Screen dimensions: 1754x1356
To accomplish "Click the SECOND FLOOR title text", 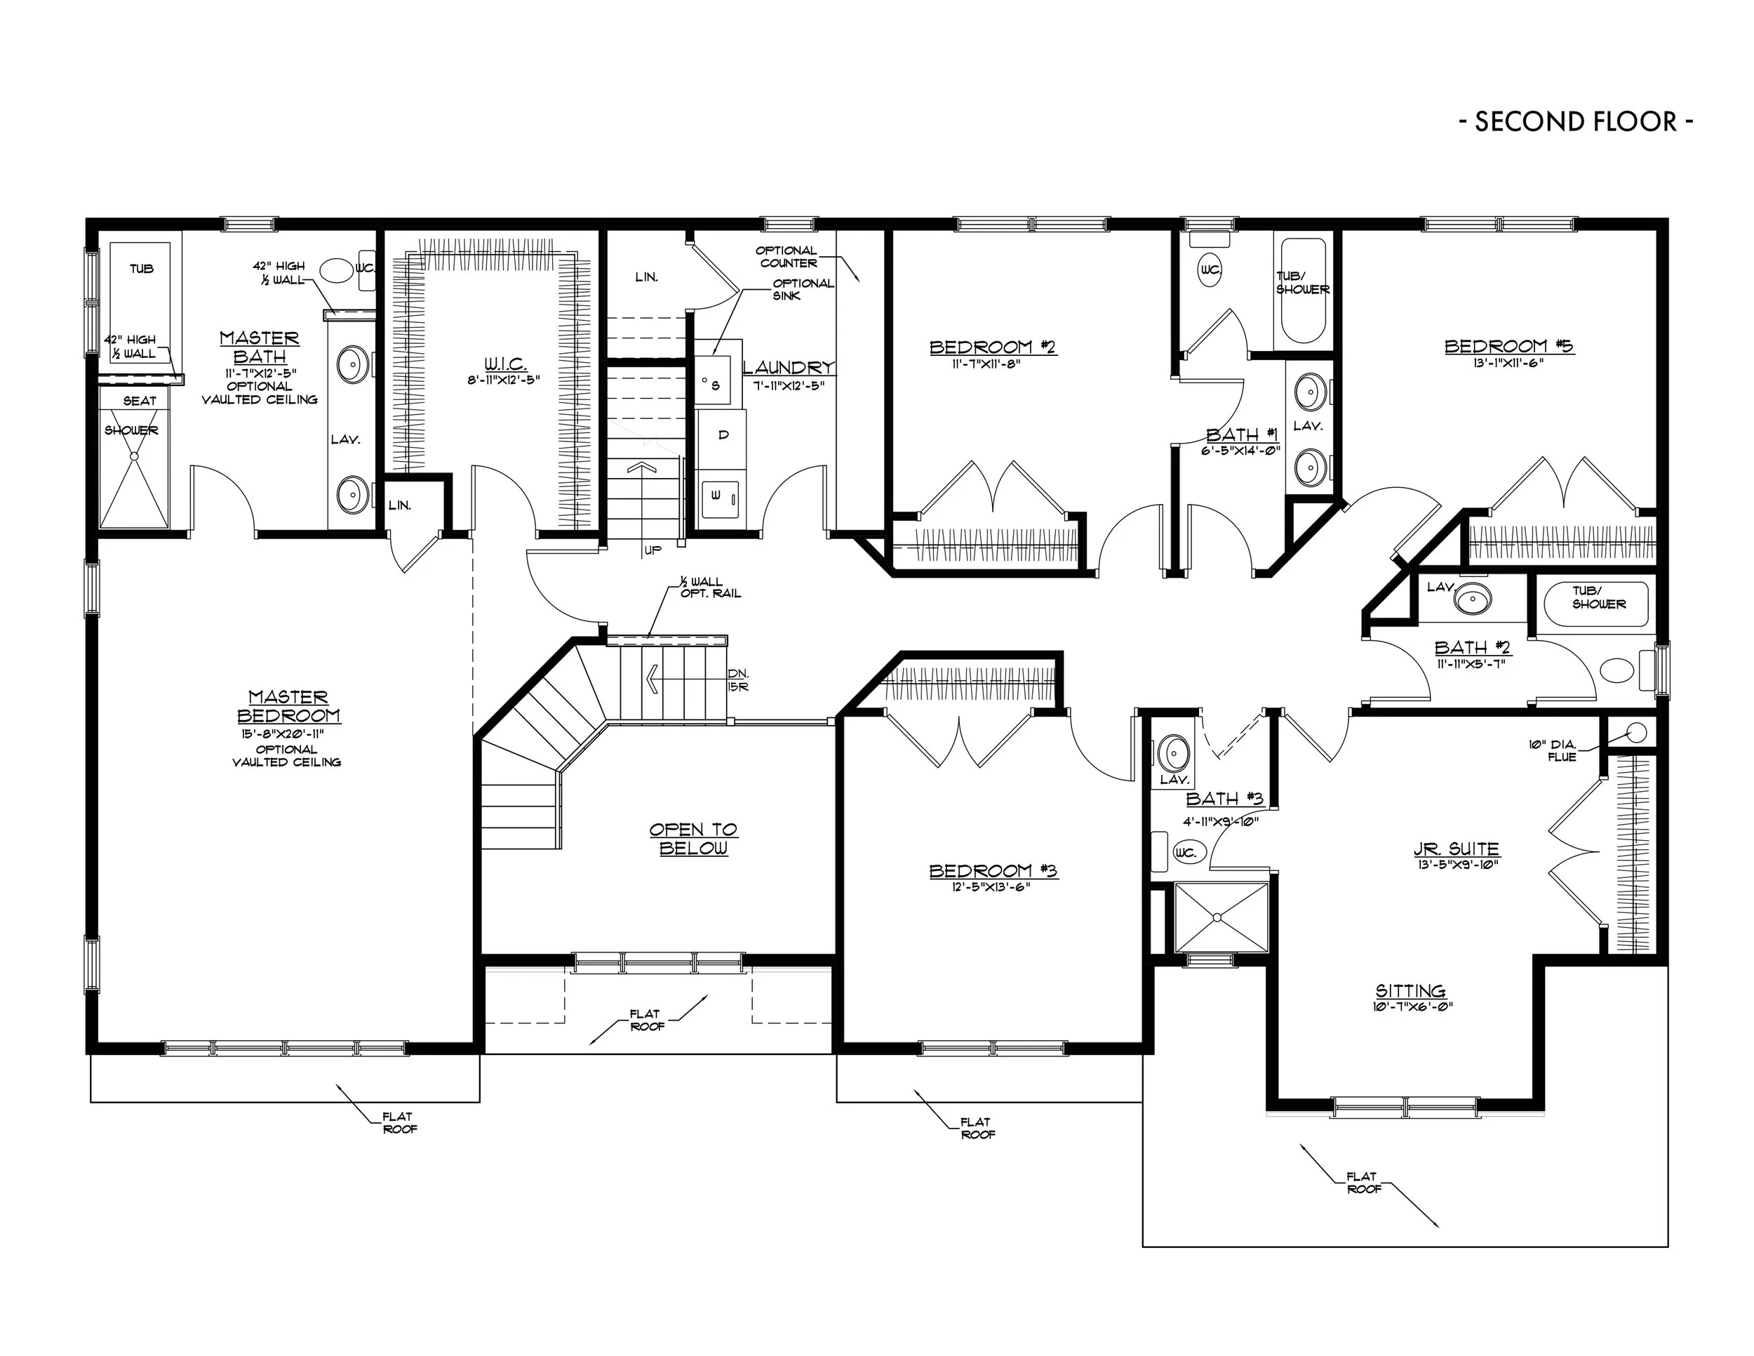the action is point(1576,121).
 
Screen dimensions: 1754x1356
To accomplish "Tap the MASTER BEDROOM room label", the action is point(288,706).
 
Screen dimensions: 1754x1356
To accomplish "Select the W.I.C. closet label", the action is point(506,365).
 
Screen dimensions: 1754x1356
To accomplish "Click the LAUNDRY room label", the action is point(789,368).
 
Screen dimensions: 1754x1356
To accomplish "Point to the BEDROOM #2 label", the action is point(993,347).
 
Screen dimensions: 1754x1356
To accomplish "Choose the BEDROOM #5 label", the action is point(1508,346).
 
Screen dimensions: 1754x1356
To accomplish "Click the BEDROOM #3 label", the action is point(993,871).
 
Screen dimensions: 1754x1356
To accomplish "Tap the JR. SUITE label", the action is point(1456,849).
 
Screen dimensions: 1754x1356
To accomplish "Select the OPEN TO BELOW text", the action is point(694,839).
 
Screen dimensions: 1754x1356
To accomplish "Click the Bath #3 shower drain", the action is point(1217,917).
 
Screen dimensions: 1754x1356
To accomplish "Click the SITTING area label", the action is point(1410,990).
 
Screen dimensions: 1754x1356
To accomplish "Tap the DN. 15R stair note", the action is point(738,680).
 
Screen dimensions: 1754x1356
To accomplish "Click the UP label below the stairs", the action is point(653,550).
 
